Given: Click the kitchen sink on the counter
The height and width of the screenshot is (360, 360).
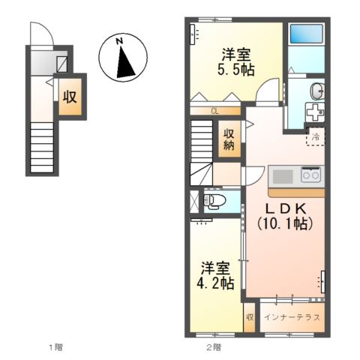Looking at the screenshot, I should pyautogui.click(x=283, y=176).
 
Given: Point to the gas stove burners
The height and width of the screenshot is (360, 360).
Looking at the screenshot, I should pyautogui.click(x=310, y=176).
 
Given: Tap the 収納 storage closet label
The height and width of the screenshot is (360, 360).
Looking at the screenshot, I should pyautogui.click(x=228, y=139).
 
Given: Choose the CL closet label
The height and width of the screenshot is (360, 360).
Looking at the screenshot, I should pyautogui.click(x=214, y=112).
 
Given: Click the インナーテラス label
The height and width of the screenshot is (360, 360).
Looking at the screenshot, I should pyautogui.click(x=292, y=316).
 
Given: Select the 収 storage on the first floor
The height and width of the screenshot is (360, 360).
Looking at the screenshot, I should pyautogui.click(x=70, y=97).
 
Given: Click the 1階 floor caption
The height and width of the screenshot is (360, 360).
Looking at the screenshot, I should pyautogui.click(x=55, y=347).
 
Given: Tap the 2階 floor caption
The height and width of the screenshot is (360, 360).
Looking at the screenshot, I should pyautogui.click(x=214, y=347).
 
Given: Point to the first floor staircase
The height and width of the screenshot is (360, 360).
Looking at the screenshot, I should pyautogui.click(x=42, y=148).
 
